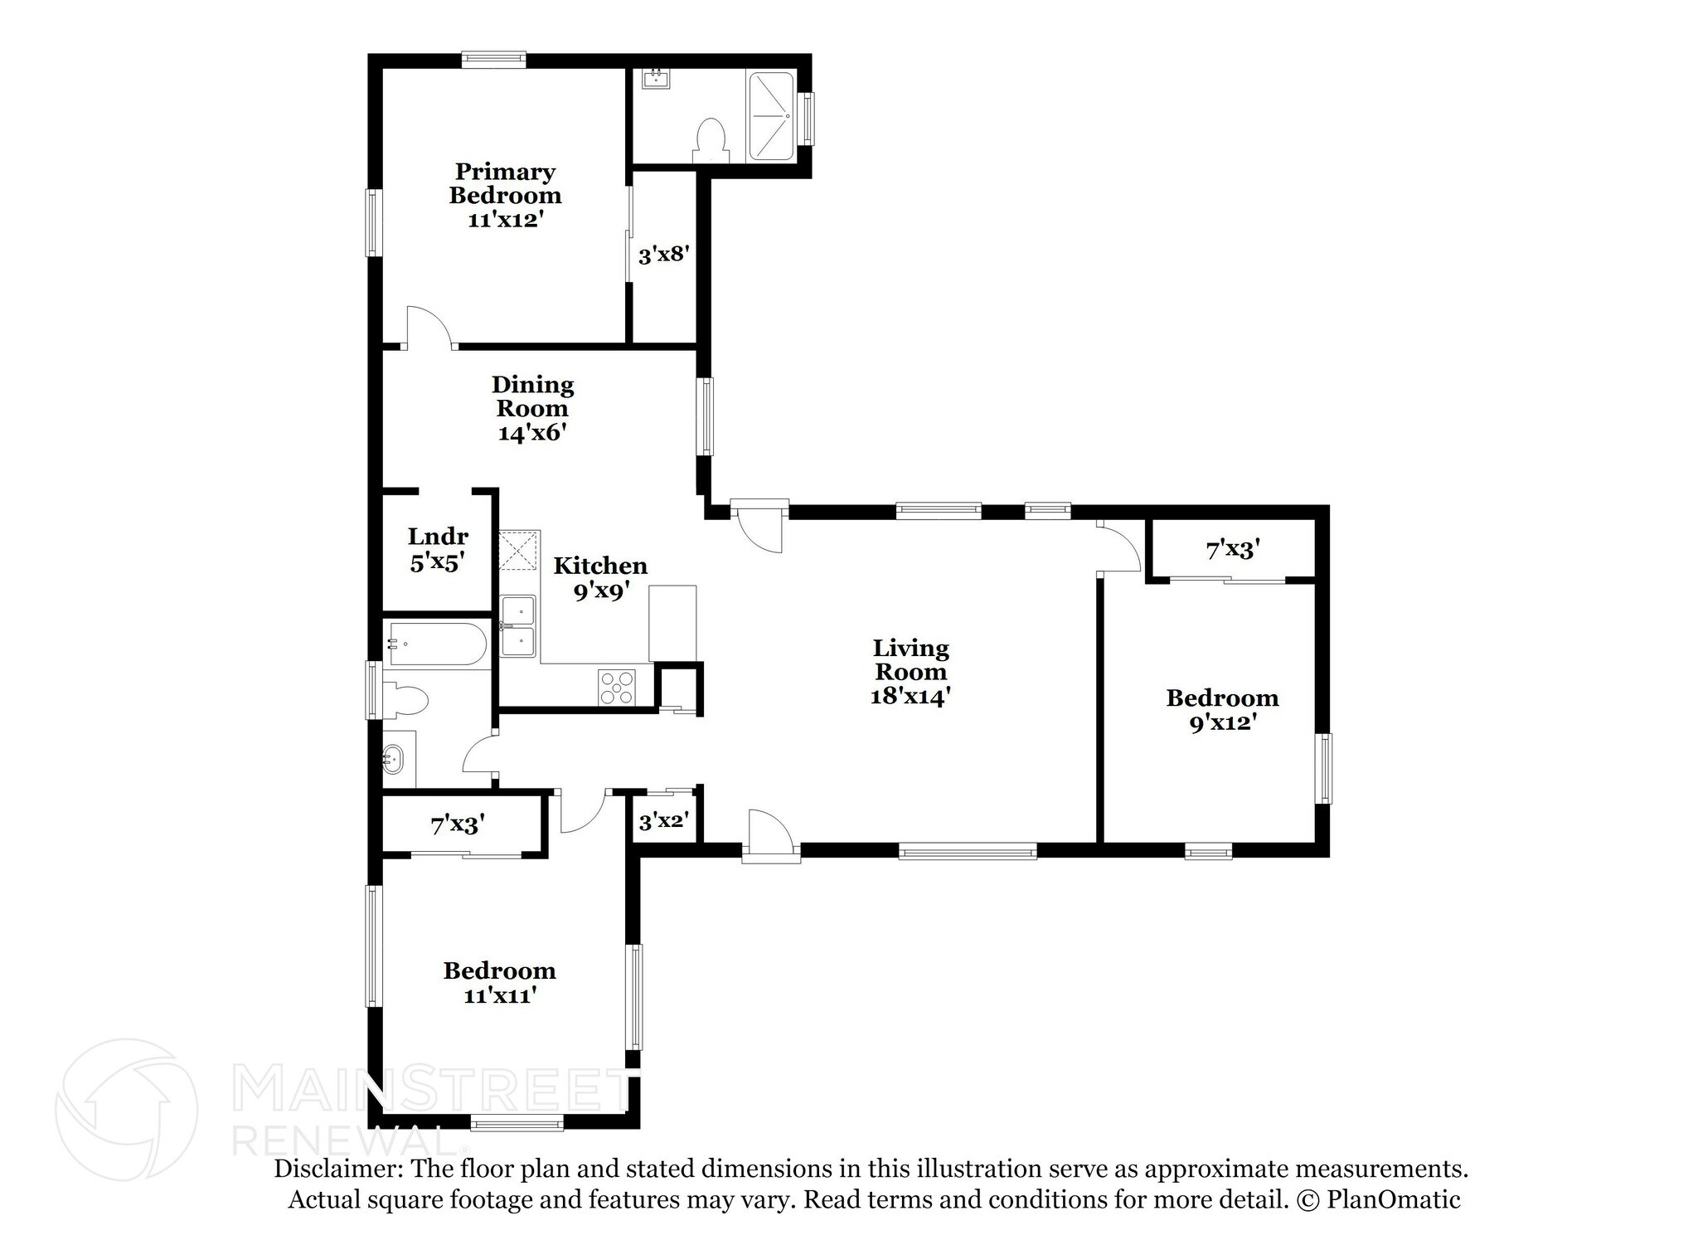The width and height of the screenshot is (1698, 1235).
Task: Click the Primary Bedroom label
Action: click(505, 183)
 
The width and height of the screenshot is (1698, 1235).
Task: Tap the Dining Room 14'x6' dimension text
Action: click(531, 432)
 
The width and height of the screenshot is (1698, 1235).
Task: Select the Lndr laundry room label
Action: click(438, 537)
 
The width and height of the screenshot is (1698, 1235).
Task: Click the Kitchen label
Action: click(600, 566)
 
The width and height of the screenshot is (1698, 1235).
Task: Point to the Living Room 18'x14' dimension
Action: click(910, 695)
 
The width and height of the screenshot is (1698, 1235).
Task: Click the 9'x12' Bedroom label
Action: click(1222, 698)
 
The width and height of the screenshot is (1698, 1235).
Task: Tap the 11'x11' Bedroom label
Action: click(498, 971)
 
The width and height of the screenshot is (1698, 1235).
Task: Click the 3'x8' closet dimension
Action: click(663, 255)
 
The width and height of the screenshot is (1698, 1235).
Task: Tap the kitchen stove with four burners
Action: click(617, 688)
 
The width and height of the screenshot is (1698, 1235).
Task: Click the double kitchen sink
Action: click(518, 626)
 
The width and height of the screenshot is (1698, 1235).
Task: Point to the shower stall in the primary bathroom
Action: click(771, 116)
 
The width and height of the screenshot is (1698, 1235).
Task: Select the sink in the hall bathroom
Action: click(393, 757)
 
